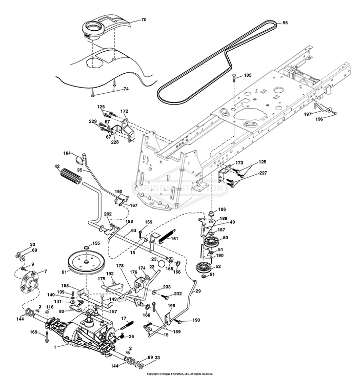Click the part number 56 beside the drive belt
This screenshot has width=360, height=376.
pos(285,23)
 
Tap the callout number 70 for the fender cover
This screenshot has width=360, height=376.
pos(144,20)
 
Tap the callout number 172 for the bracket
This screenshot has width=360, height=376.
pos(124,111)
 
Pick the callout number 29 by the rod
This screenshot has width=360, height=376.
pos(198,291)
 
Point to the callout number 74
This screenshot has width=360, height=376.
pos(126,89)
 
